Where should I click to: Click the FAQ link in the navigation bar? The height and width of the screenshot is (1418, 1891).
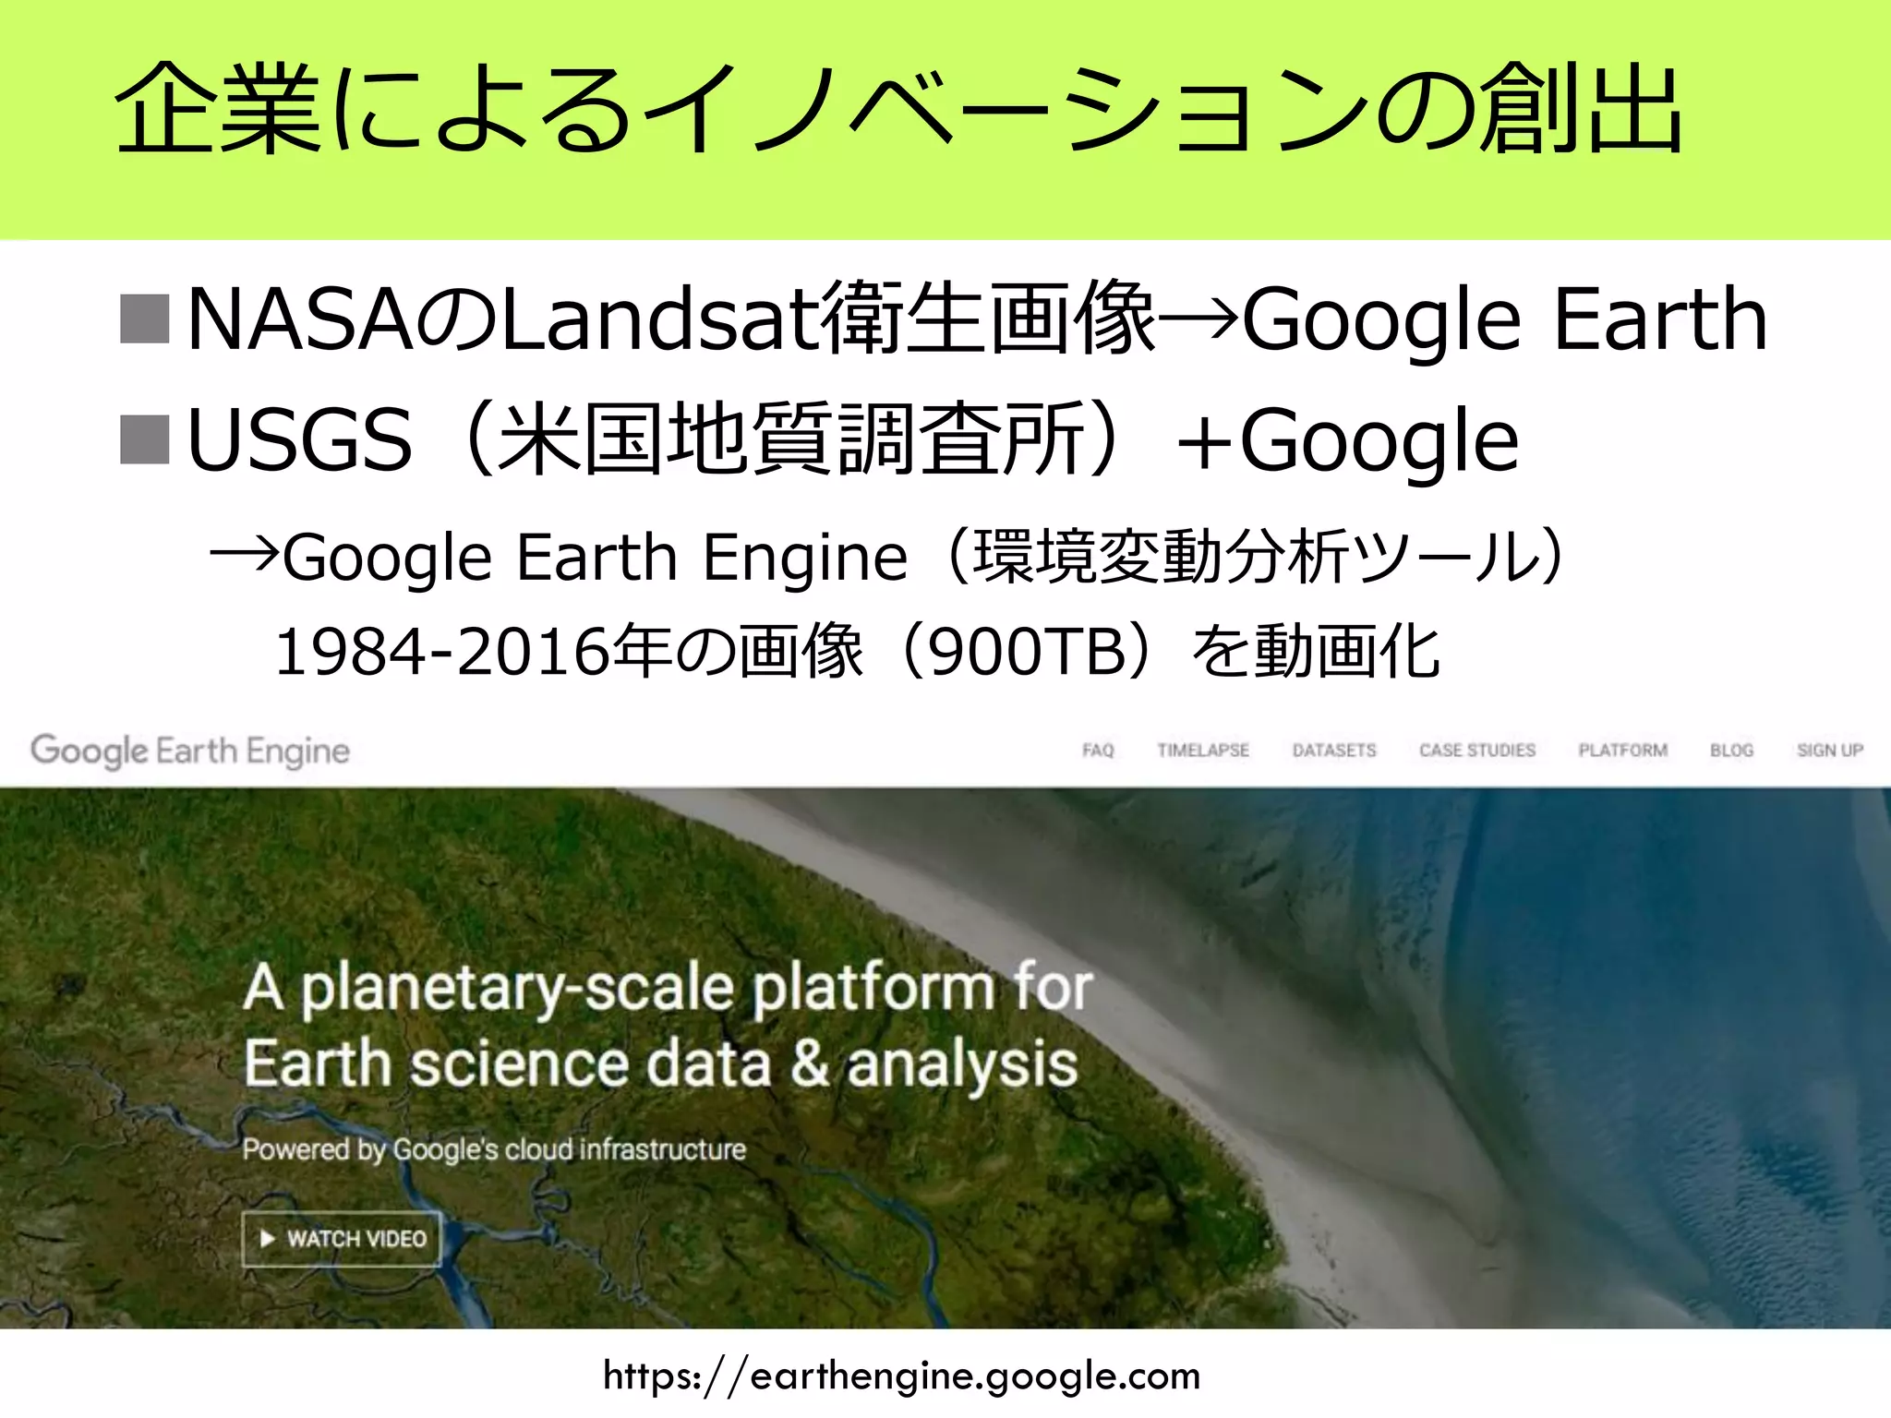click(x=1098, y=751)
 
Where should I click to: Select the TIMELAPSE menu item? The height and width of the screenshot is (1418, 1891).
click(x=1203, y=751)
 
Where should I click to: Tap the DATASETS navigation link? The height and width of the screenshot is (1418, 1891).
click(x=1334, y=751)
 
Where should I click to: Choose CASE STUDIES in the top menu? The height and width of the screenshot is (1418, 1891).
click(x=1477, y=751)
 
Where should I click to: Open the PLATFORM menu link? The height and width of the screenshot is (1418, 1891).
click(x=1622, y=751)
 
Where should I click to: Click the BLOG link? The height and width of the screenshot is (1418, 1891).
click(x=1731, y=751)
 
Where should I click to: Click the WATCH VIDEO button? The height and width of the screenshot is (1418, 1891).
click(x=342, y=1239)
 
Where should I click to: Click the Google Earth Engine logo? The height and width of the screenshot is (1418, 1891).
click(x=190, y=751)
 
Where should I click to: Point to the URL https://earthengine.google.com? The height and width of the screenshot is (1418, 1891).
click(x=901, y=1376)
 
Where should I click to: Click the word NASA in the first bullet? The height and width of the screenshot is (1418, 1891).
click(x=300, y=319)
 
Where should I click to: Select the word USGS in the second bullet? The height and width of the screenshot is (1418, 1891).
click(x=299, y=440)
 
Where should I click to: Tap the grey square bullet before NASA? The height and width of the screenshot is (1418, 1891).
click(x=145, y=319)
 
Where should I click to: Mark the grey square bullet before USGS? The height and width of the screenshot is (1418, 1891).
click(x=145, y=439)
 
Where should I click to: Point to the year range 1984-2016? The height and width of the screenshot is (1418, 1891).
click(x=442, y=652)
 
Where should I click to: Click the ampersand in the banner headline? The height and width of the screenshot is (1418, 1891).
click(x=809, y=1063)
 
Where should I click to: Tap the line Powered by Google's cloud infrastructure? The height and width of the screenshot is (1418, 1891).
click(x=494, y=1149)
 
